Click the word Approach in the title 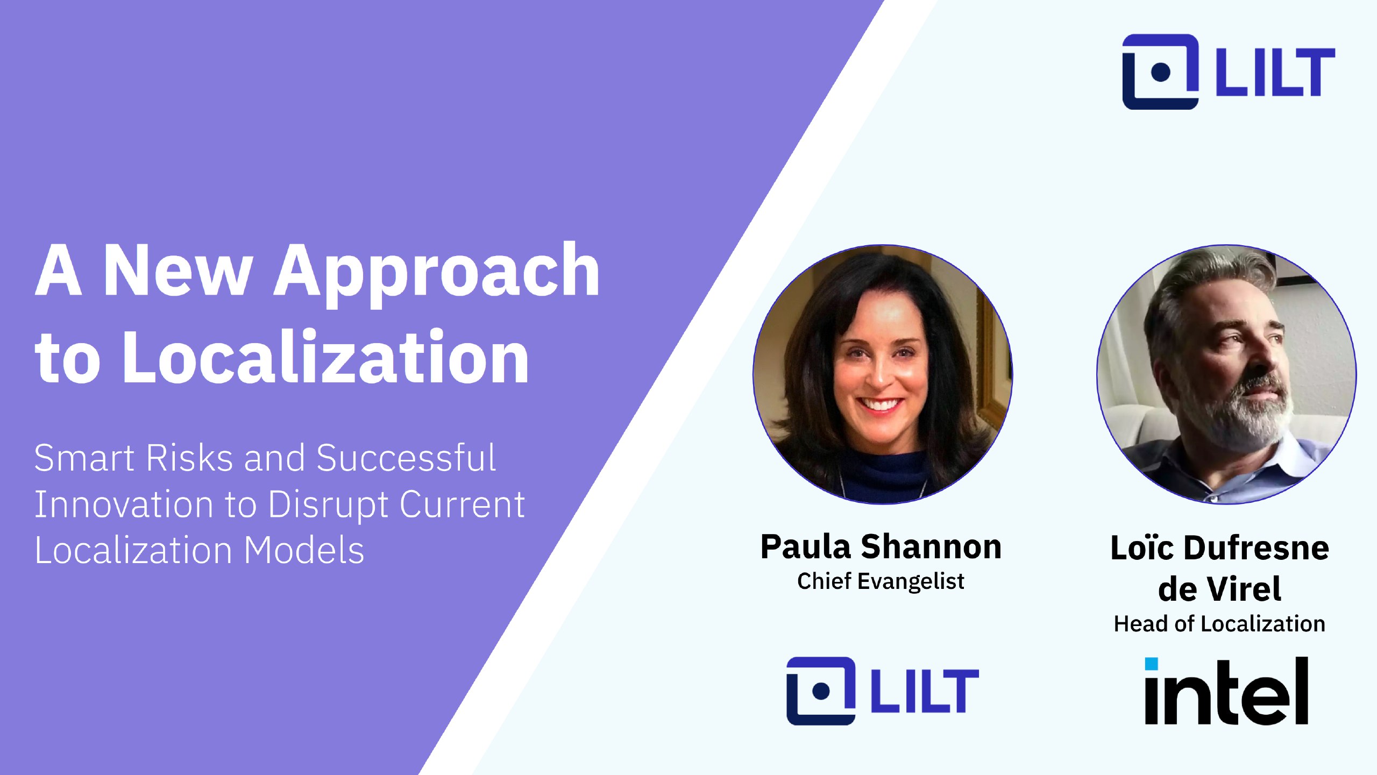pos(437,274)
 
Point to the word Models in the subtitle pos(304,550)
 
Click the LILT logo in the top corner pos(1229,72)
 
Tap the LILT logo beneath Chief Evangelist pos(883,691)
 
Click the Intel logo pos(1226,691)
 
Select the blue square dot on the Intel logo pos(1151,664)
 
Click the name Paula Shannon pos(881,547)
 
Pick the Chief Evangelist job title pos(881,581)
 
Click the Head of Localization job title pos(1219,624)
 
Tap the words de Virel pos(1219,588)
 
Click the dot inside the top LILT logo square pos(1161,72)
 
